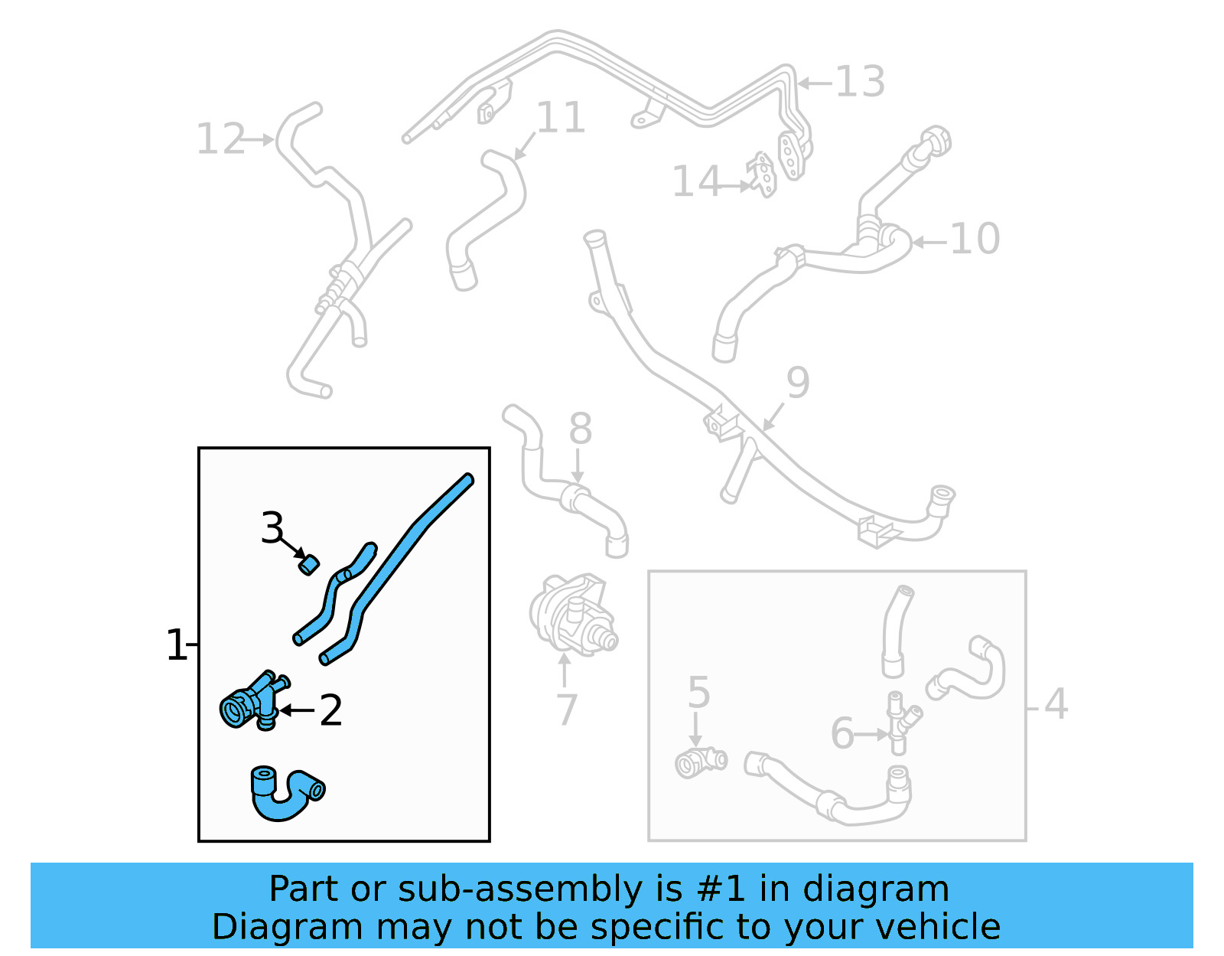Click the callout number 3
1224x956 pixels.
click(x=272, y=528)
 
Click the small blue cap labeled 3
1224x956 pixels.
click(x=308, y=565)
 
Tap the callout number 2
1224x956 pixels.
click(x=330, y=711)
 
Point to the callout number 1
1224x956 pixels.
click(x=176, y=645)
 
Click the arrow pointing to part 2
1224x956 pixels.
click(x=297, y=711)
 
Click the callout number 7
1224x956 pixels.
click(x=566, y=710)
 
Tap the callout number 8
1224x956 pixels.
click(x=581, y=429)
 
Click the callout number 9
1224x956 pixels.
click(x=798, y=382)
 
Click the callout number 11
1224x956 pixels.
click(x=561, y=118)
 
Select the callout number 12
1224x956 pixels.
click(x=220, y=139)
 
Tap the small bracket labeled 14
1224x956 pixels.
click(x=763, y=175)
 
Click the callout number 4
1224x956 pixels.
click(x=1056, y=704)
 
